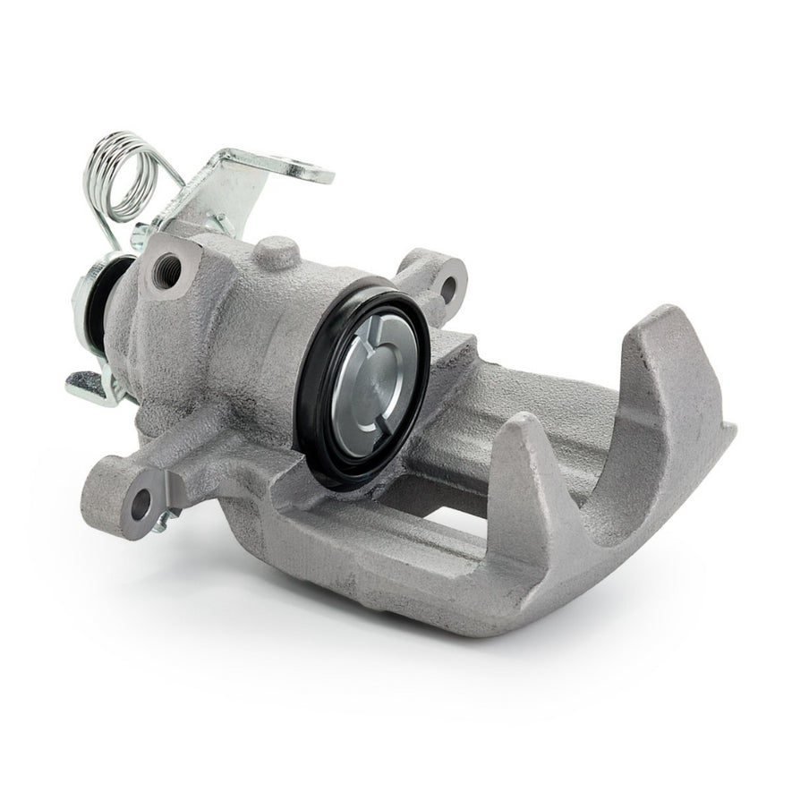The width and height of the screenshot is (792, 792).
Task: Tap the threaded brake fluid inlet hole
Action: click(x=167, y=266)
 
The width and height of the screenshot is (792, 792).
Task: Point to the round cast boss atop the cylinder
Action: click(x=277, y=253)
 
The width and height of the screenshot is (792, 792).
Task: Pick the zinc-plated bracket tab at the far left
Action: click(x=89, y=387)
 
